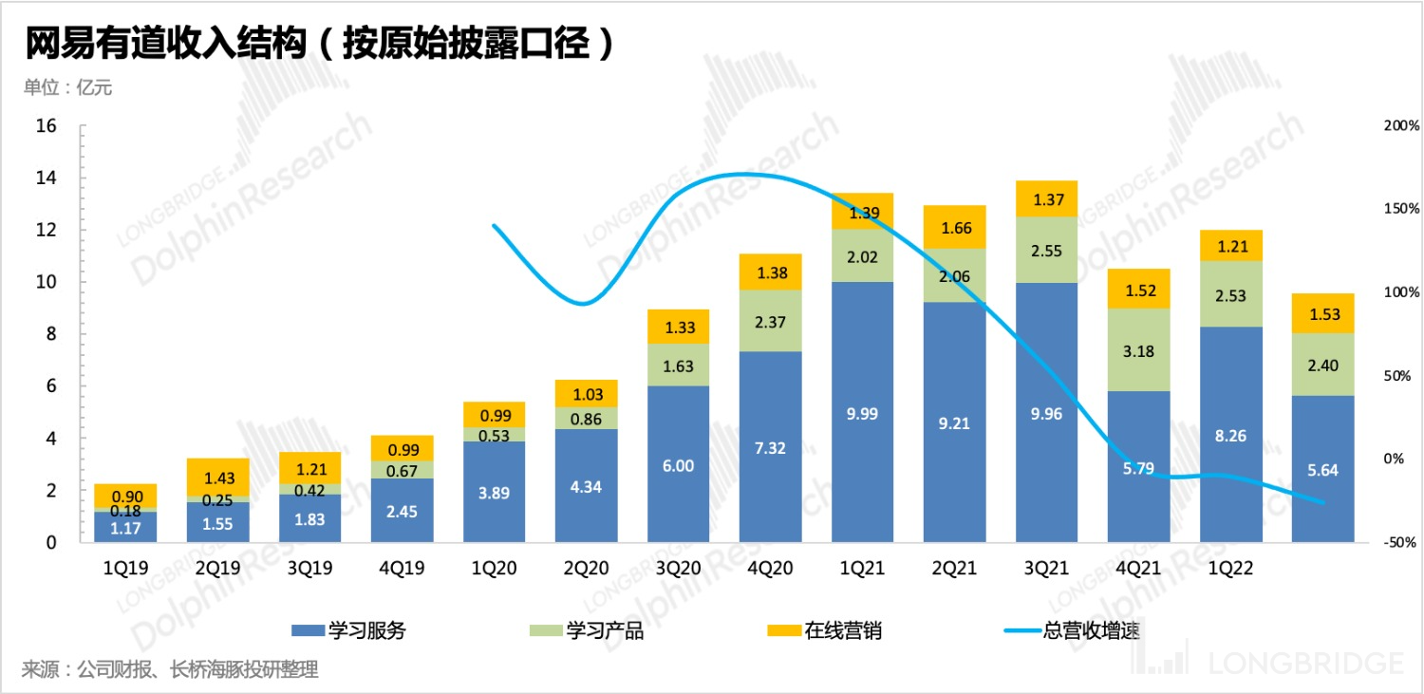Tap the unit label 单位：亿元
67,88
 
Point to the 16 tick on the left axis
46,126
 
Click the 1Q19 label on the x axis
124,569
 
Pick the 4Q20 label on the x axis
770,569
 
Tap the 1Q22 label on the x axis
1231,569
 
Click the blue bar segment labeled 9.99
863,412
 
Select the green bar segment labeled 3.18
1139,350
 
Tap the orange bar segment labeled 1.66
955,228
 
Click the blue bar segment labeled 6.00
678,464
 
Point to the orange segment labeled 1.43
217,478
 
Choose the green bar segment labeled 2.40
1323,365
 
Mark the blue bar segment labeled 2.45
402,510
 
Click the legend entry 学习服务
348,630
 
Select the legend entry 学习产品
585,630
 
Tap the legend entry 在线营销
823,630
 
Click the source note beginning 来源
170,669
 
